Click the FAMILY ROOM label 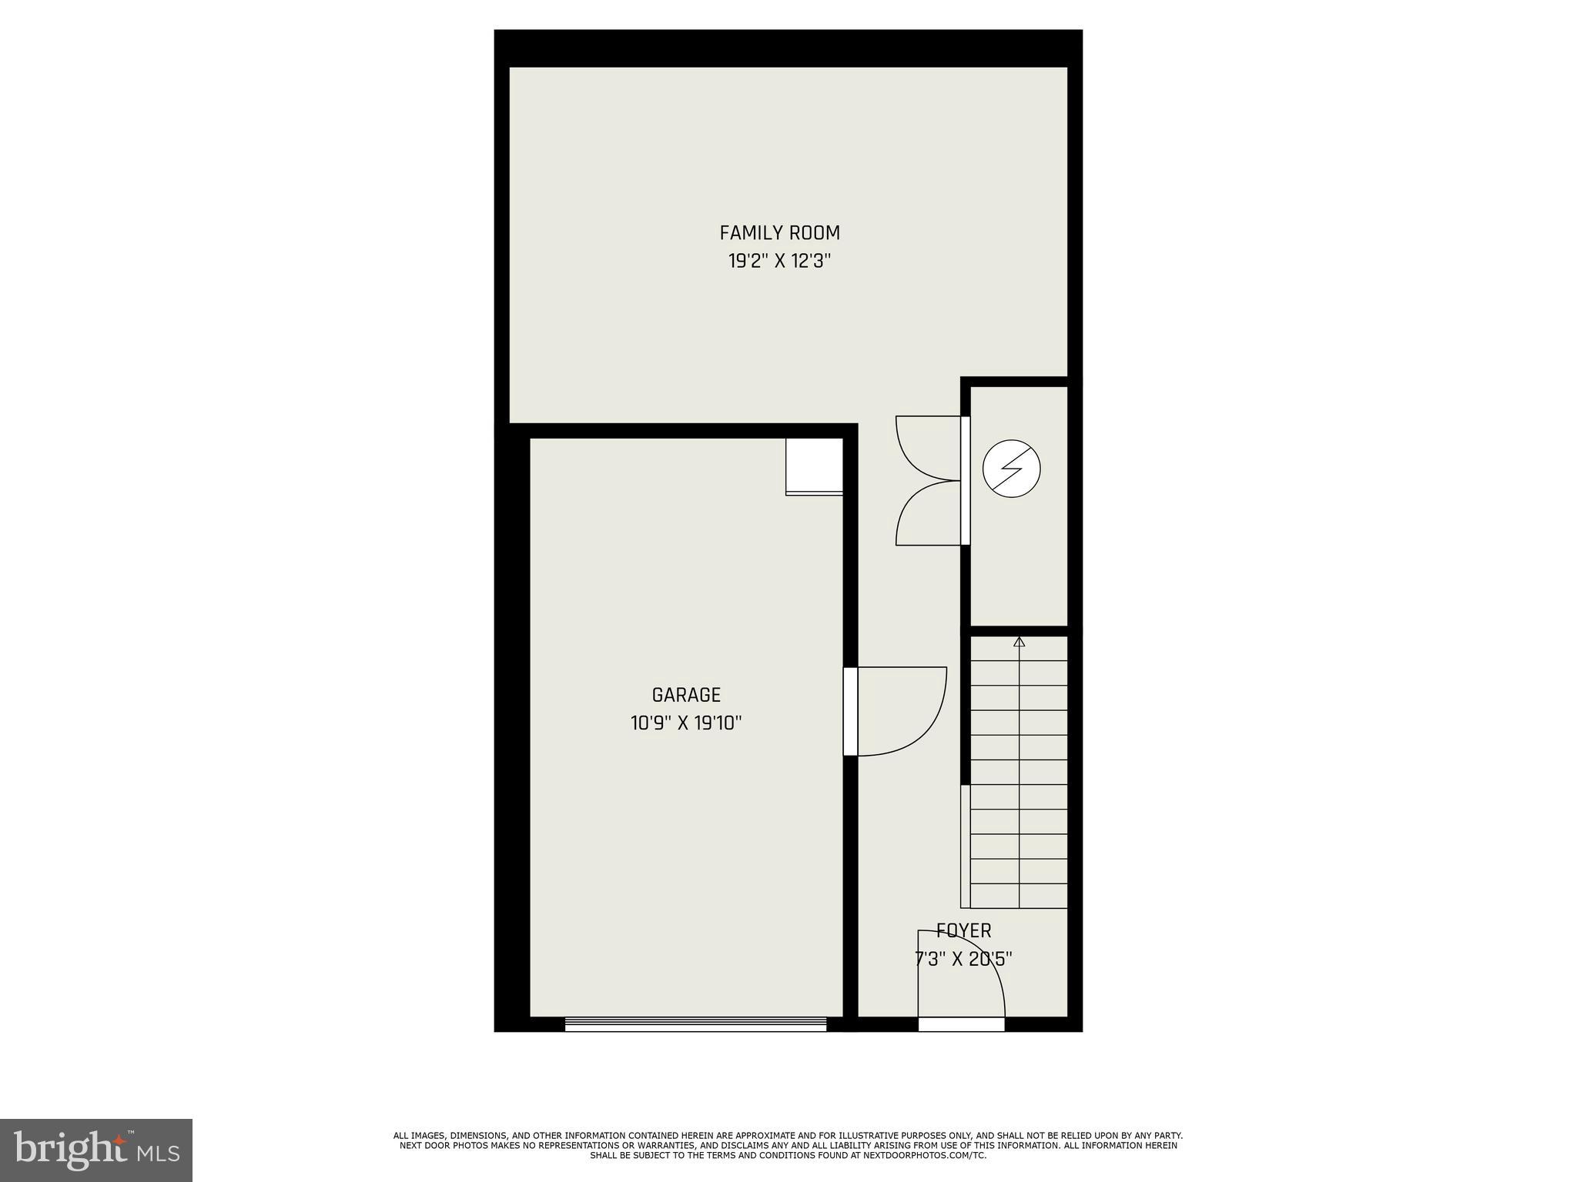coord(779,232)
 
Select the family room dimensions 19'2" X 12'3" coord(779,262)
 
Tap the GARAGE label coord(686,695)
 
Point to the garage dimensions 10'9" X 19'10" coord(686,723)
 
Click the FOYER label coord(964,931)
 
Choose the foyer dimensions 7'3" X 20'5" coord(963,959)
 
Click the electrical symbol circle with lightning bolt coord(1012,468)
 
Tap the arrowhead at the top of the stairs coord(1020,642)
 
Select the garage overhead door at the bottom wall coord(695,1023)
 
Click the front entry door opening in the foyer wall coord(961,1024)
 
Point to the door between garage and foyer coord(851,711)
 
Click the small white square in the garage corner coord(814,466)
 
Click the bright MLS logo coord(96,1150)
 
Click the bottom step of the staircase coord(1018,896)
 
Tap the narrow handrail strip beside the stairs coord(965,846)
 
